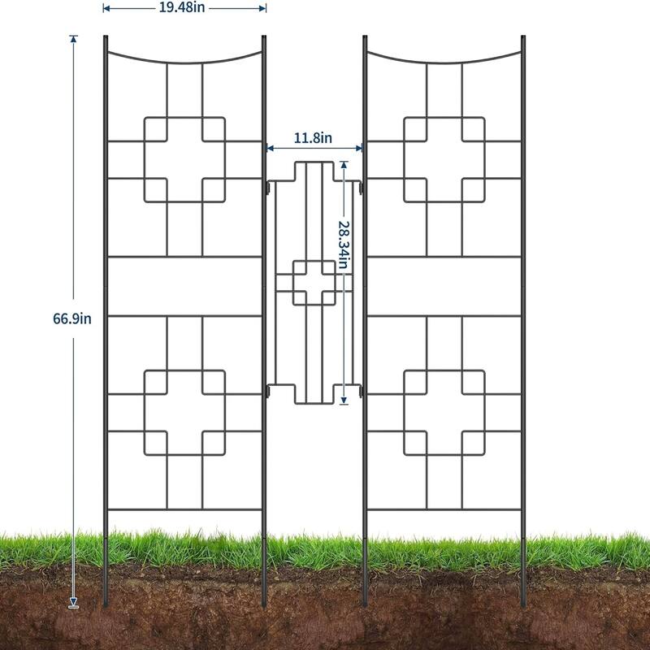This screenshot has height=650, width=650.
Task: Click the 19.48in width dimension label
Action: pyautogui.click(x=181, y=7)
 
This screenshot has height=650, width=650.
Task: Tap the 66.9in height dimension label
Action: pyautogui.click(x=72, y=318)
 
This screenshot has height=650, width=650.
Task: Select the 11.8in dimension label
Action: pyautogui.click(x=313, y=137)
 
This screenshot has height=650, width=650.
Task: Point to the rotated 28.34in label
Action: pyautogui.click(x=344, y=245)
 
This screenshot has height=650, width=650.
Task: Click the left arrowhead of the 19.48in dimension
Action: pyautogui.click(x=106, y=8)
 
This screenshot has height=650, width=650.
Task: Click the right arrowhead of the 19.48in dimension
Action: pyautogui.click(x=262, y=8)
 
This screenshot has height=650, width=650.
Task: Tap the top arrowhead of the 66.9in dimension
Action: pyautogui.click(x=74, y=38)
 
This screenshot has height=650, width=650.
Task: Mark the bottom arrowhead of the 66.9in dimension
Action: pyautogui.click(x=74, y=601)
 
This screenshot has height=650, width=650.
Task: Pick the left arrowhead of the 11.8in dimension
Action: pyautogui.click(x=271, y=148)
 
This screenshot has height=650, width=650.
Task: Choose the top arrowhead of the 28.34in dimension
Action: pyautogui.click(x=344, y=164)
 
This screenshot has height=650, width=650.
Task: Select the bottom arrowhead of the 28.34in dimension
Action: pyautogui.click(x=344, y=400)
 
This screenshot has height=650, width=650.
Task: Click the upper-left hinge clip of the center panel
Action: pyautogui.click(x=268, y=188)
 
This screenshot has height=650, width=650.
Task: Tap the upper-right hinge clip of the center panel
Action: pyautogui.click(x=360, y=188)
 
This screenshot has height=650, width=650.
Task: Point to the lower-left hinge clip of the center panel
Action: pyautogui.click(x=268, y=391)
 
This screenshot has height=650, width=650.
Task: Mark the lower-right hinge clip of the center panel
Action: pyautogui.click(x=360, y=391)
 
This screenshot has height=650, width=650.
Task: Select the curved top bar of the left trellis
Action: pyautogui.click(x=184, y=63)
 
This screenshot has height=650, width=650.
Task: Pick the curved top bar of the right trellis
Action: pyautogui.click(x=444, y=63)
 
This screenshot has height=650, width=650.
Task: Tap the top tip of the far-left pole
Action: pyautogui.click(x=106, y=37)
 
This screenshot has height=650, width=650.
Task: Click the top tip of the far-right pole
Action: pyautogui.click(x=523, y=37)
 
